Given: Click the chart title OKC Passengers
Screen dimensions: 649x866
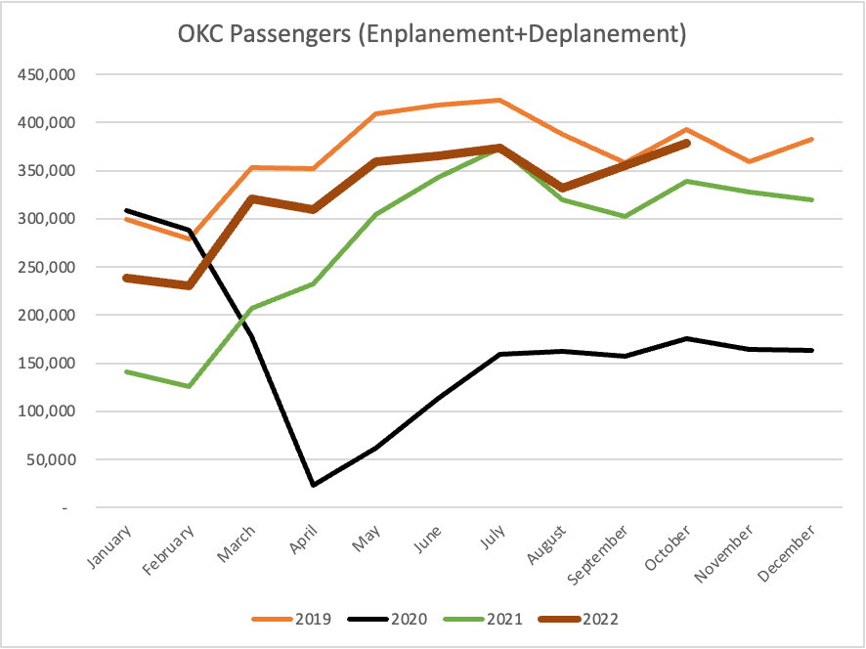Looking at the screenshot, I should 432,35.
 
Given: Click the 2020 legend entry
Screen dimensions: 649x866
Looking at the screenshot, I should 391,619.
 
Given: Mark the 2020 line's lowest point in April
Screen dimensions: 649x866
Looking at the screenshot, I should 314,485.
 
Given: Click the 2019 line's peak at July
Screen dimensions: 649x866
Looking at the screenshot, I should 499,100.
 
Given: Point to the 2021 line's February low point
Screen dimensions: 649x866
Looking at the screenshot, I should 189,386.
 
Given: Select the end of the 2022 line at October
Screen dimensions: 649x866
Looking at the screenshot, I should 687,143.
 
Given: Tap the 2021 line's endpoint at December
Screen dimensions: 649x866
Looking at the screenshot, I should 812,199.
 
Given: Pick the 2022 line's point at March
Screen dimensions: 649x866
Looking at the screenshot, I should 251,198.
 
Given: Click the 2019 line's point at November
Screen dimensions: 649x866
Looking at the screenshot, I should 750,161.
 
